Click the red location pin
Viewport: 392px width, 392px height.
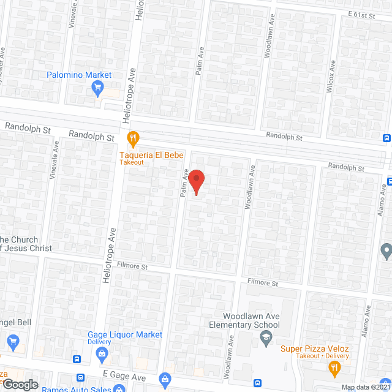coord(196,181)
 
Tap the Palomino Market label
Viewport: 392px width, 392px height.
coord(80,75)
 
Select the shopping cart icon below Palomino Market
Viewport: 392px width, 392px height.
coord(97,89)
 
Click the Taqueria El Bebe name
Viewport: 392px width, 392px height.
coord(151,156)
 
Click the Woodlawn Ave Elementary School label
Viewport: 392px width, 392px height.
coord(244,320)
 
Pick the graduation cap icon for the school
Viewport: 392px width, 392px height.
coord(266,337)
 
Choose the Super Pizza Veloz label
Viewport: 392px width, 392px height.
coord(315,349)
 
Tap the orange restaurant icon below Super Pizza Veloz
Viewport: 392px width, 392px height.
coord(334,369)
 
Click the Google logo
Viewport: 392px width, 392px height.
coord(20,385)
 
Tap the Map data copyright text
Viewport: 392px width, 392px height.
coord(366,387)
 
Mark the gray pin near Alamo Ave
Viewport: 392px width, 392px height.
coord(386,251)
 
